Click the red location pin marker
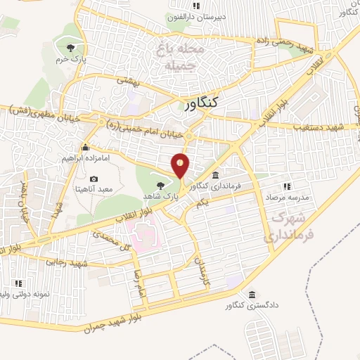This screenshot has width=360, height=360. [x=181, y=165]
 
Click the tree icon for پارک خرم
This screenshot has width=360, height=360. [x=70, y=47]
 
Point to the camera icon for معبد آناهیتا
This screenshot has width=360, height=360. [x=94, y=178]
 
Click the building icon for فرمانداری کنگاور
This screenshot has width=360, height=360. [x=215, y=175]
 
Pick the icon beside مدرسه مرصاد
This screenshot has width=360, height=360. [x=286, y=186]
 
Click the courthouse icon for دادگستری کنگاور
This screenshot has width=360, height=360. [x=251, y=295]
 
